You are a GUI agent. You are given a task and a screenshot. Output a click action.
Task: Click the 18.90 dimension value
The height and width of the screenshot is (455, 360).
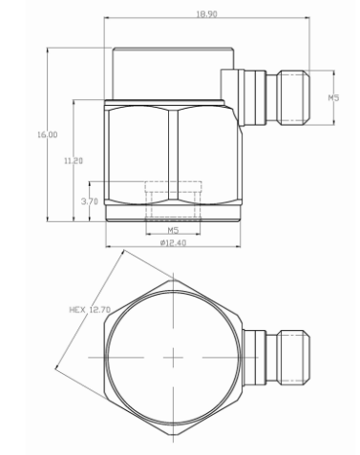point(206,14)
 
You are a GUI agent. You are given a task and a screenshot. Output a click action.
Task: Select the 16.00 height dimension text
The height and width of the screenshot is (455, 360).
point(48,134)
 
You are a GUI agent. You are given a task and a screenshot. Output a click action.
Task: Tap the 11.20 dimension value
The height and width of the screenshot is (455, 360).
point(74,161)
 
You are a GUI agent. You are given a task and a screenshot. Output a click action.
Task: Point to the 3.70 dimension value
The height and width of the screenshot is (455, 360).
point(90,201)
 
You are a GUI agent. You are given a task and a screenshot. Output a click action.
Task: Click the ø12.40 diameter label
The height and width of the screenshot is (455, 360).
point(173,243)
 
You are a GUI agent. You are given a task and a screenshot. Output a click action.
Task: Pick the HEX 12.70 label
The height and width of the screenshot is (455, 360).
point(90,309)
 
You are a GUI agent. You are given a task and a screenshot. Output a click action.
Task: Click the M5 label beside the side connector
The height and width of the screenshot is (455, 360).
point(333,97)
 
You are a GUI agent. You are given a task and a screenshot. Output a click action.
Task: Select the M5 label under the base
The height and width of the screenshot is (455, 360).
point(173,230)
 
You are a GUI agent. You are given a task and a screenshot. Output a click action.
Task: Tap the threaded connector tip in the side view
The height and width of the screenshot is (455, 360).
point(294,97)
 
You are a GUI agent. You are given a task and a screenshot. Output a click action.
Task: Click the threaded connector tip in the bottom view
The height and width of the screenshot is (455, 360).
point(294,358)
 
